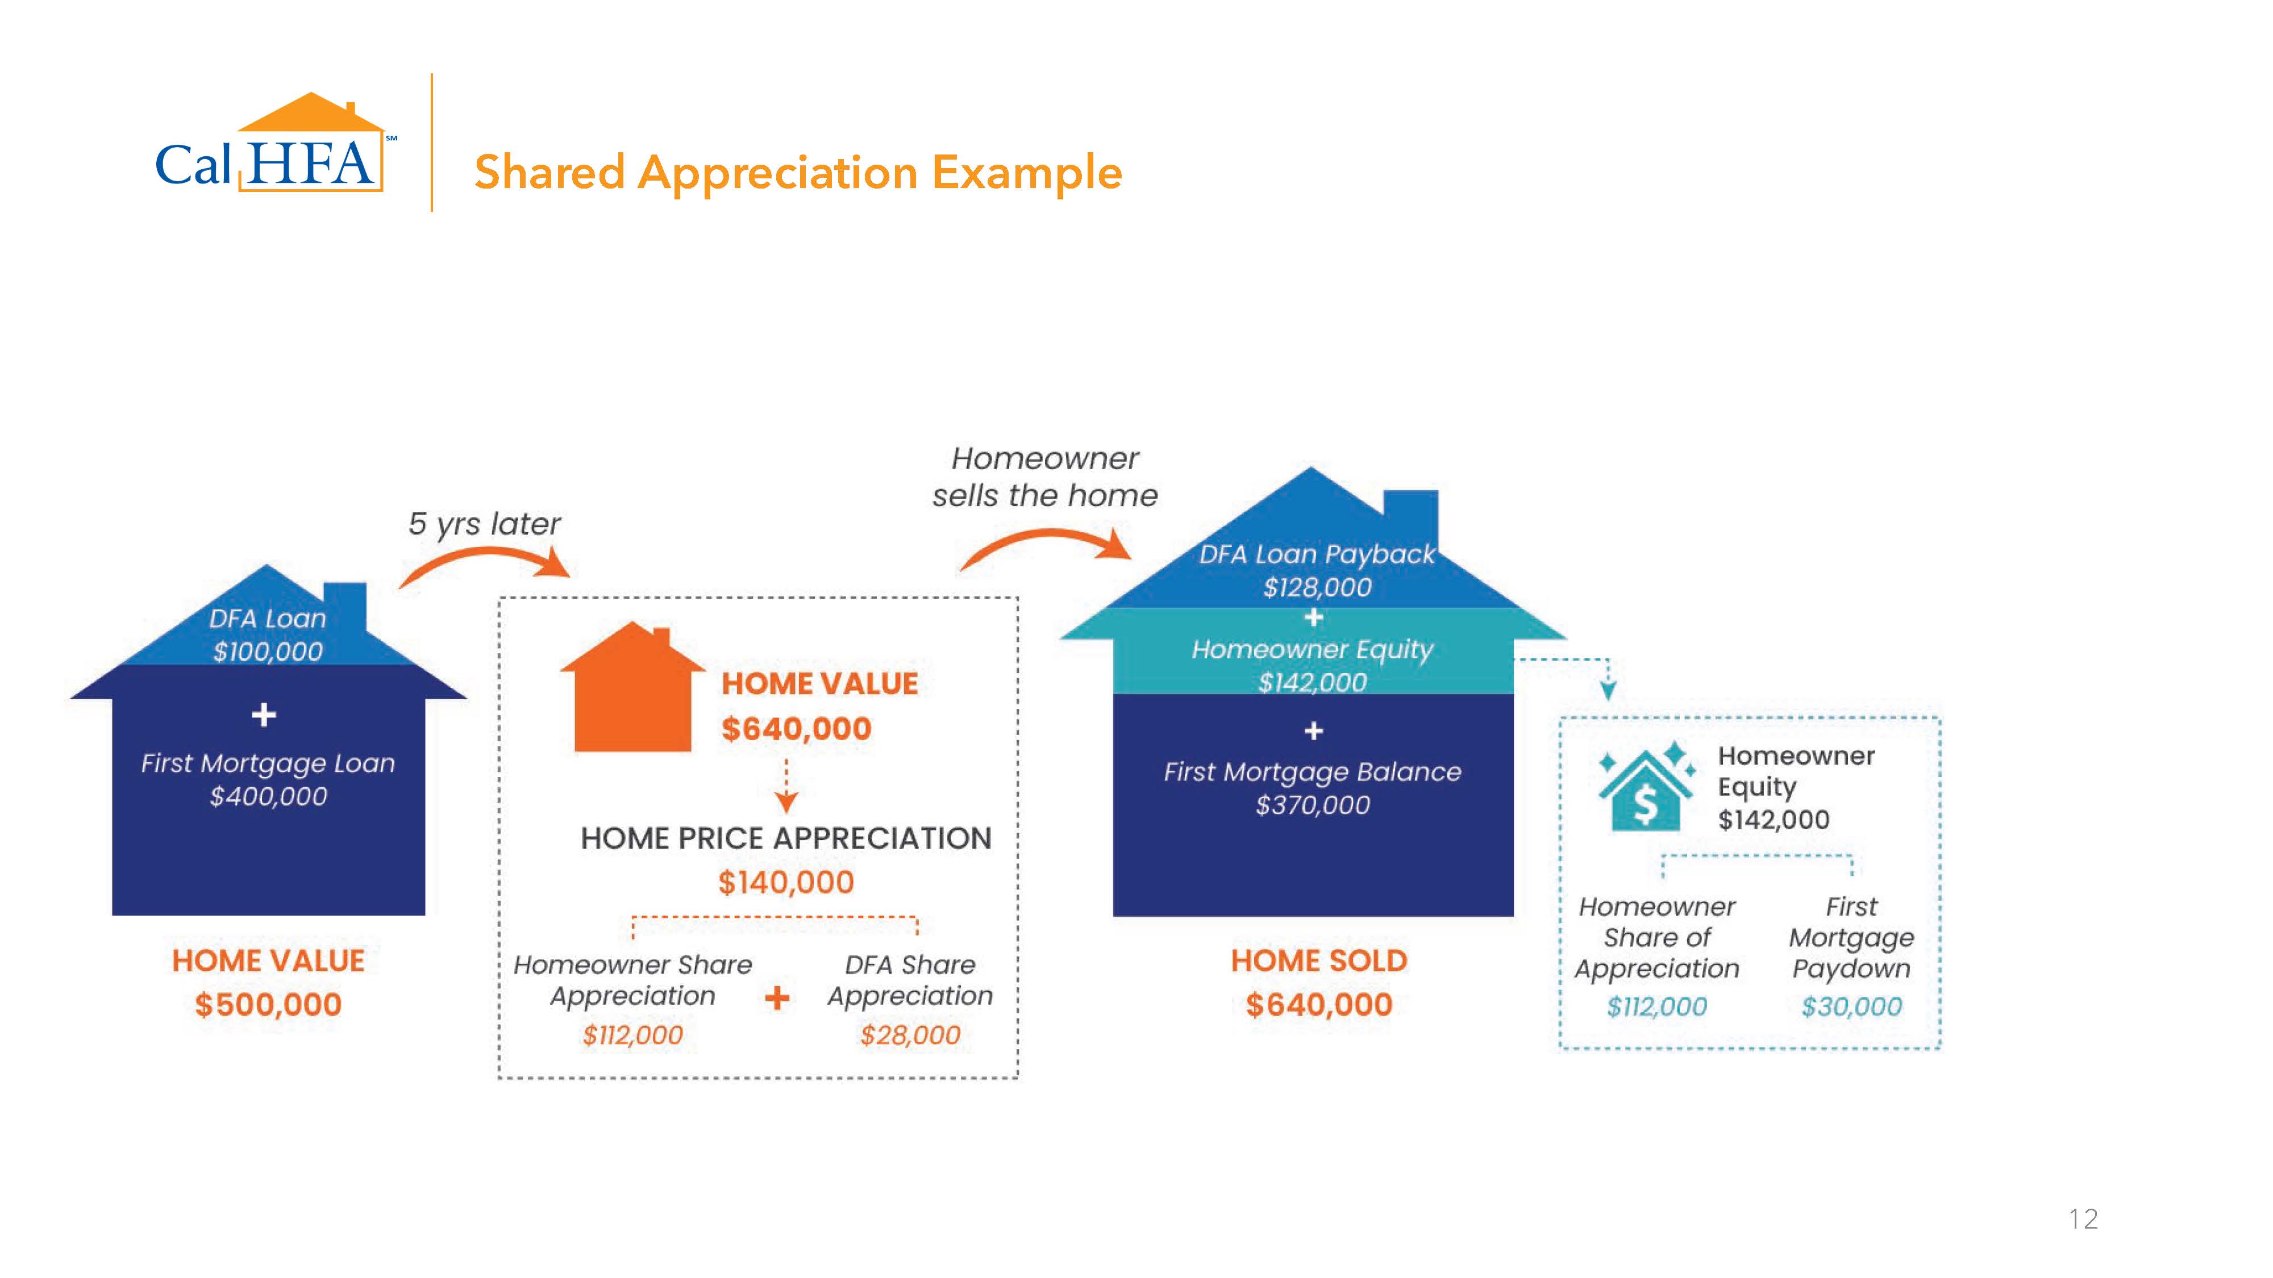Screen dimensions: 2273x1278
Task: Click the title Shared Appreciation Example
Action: pos(798,173)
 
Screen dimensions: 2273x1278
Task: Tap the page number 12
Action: pos(2083,1219)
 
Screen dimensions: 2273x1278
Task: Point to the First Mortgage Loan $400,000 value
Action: pos(268,796)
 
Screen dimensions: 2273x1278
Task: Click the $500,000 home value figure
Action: pos(268,1005)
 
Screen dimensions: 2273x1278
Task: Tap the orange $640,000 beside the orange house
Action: pos(796,729)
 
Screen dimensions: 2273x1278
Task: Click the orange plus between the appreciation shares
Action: pos(776,999)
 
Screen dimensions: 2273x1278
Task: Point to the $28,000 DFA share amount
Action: pos(910,1034)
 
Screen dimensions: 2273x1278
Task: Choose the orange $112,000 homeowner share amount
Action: pos(632,1034)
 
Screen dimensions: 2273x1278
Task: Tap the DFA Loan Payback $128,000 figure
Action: pos(1317,587)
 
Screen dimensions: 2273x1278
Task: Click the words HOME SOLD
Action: pos(1318,960)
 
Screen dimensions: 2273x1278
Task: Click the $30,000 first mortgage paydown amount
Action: pos(1851,1006)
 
